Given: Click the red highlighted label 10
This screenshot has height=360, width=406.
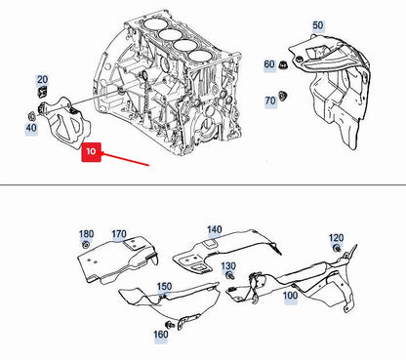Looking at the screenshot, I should click(x=90, y=152).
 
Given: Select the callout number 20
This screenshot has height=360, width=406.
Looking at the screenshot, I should click(x=42, y=80).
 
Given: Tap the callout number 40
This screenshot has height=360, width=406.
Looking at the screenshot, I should click(x=31, y=127).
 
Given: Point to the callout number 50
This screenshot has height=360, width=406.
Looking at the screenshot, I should click(x=317, y=24).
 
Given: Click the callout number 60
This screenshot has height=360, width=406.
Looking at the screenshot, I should click(x=268, y=65).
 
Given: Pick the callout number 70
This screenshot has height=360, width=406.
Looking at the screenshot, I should click(x=269, y=100).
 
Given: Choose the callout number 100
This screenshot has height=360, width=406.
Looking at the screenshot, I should click(x=290, y=295).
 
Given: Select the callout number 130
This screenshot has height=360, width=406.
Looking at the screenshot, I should click(x=227, y=266).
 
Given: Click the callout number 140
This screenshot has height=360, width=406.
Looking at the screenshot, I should click(x=214, y=230).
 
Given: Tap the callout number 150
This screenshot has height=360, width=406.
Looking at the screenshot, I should click(x=164, y=287).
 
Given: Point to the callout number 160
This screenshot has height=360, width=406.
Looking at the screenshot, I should click(x=160, y=335).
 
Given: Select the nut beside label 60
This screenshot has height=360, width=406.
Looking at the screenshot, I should click(x=282, y=66).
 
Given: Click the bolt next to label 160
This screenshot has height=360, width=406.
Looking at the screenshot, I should click(x=173, y=322).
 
